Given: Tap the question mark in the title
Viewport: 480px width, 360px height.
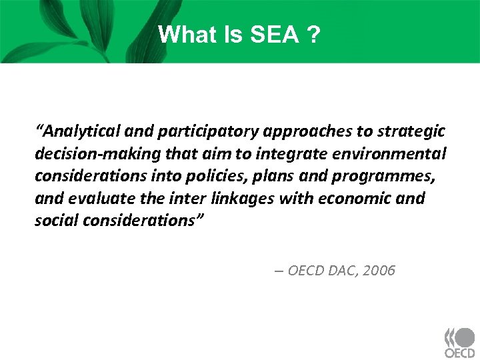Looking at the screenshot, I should tap(312, 35).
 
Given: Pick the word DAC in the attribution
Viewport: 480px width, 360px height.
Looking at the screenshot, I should tap(335, 271).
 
